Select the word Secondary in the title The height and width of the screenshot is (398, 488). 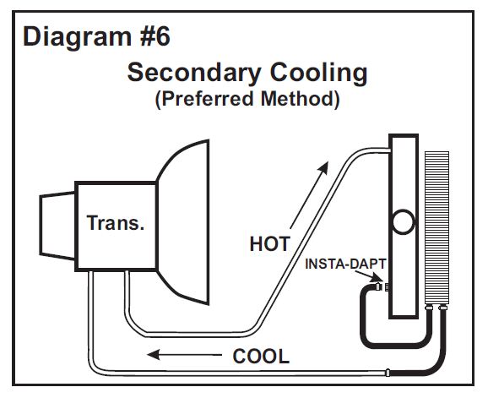coord(194,74)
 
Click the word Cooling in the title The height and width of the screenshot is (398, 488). coord(318,74)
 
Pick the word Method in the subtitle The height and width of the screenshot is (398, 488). coord(301,99)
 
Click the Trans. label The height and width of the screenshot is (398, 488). coord(116,223)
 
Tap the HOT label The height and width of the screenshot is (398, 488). coord(270,244)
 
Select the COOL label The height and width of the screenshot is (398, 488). coord(261,357)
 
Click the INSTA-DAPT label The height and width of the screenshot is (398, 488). coord(345,264)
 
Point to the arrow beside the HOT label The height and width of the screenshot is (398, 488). coord(309,195)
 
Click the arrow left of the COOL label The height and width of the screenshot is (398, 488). coord(184,354)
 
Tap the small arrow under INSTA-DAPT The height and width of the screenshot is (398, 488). coord(369,276)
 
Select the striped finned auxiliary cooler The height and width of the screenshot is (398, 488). coord(437,227)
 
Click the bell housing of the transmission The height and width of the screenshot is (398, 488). coord(183,222)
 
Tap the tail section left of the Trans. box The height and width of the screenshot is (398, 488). coord(57,226)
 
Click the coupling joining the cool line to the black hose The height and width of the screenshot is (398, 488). coord(388,373)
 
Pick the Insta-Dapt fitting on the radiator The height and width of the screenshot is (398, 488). coord(382,286)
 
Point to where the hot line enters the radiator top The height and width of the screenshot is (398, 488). coord(390,150)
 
